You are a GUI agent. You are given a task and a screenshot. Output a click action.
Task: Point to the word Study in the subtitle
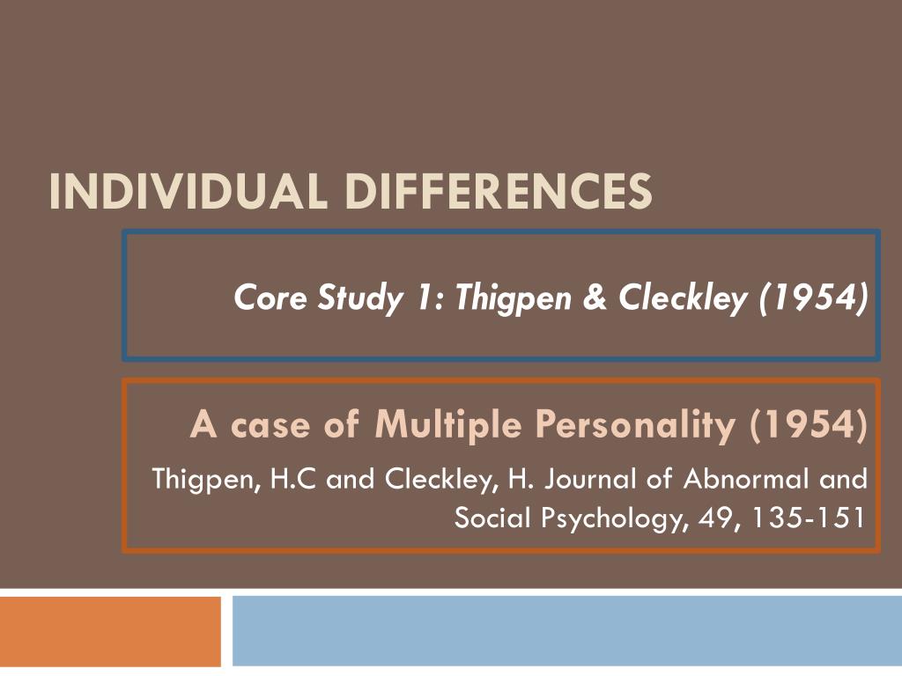coord(355,300)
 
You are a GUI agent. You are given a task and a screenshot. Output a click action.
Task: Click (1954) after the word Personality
coord(808,426)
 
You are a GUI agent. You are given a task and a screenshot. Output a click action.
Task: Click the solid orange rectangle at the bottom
coord(110,631)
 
